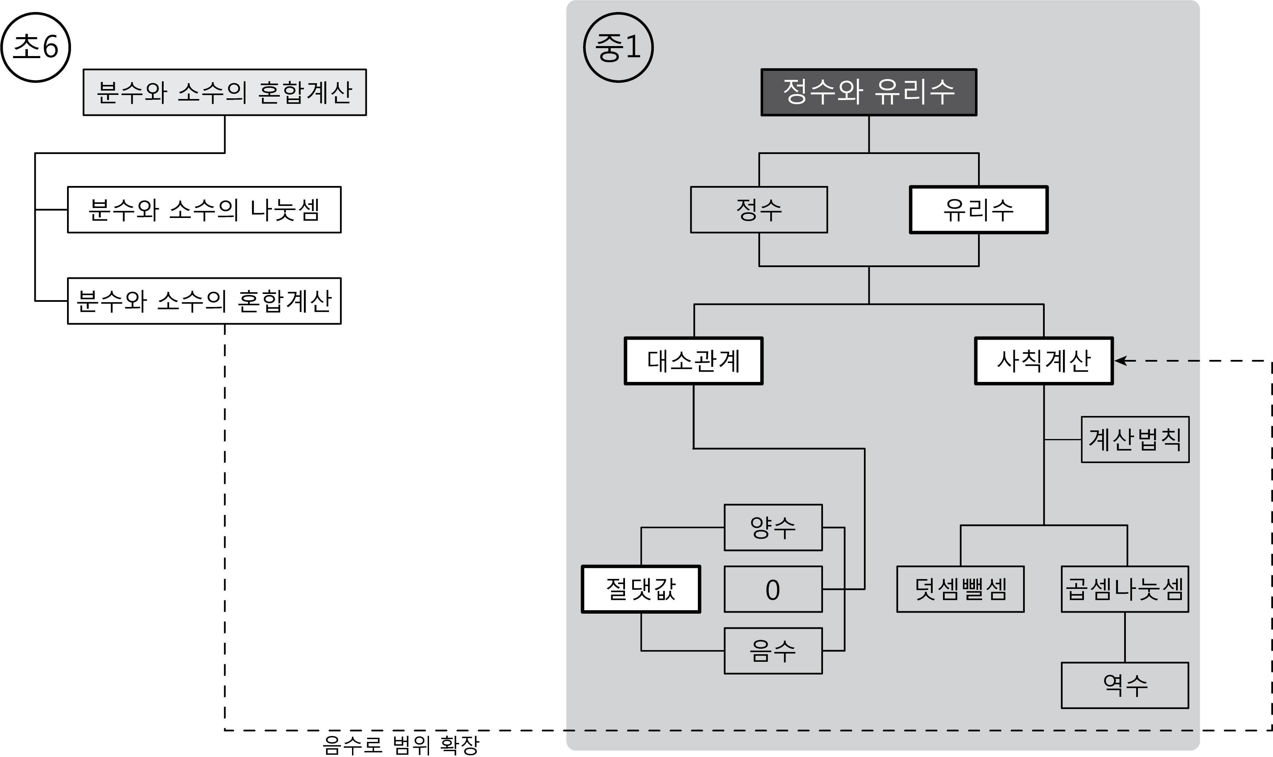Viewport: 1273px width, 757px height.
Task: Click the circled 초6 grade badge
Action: click(36, 47)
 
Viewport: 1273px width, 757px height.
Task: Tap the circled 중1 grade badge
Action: click(618, 47)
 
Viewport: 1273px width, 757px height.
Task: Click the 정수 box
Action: click(759, 210)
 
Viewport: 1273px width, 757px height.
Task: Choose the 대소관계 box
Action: click(694, 361)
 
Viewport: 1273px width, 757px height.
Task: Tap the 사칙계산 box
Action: click(1043, 361)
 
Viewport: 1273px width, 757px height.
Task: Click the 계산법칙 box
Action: click(1135, 440)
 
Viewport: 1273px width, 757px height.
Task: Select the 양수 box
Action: click(773, 527)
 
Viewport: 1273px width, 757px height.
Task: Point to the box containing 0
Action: click(773, 589)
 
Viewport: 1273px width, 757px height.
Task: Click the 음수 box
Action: click(773, 651)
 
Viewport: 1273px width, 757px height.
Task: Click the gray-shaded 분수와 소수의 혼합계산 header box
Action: click(225, 92)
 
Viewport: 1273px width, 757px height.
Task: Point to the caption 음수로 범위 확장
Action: click(401, 745)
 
